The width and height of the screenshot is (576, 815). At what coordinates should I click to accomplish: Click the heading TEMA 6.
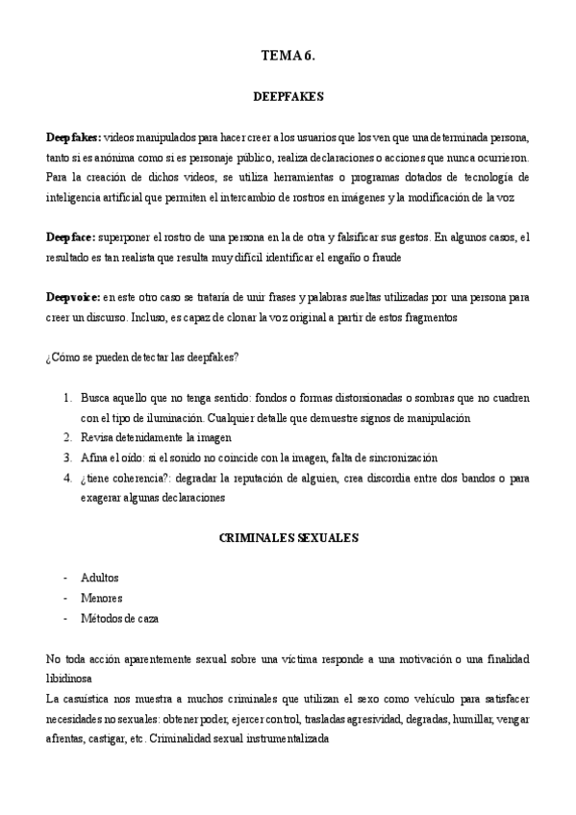[x=288, y=57]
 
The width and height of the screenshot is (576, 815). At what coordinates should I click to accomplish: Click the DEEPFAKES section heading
[x=288, y=97]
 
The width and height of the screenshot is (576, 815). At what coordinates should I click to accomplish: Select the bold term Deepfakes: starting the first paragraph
[x=73, y=136]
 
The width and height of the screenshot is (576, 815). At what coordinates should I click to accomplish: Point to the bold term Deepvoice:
[x=73, y=298]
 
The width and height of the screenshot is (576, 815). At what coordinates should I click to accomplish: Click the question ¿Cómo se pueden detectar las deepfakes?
[x=142, y=358]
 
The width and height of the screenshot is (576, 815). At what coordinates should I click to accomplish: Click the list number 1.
[x=66, y=398]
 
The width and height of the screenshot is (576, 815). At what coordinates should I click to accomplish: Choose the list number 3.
[x=66, y=458]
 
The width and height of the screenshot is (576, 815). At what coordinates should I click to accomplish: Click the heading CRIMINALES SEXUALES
[x=288, y=538]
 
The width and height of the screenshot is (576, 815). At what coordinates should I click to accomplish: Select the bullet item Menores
[x=102, y=599]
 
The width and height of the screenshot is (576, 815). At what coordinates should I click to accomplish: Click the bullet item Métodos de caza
[x=120, y=619]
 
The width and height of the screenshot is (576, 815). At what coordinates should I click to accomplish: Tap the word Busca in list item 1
[x=96, y=398]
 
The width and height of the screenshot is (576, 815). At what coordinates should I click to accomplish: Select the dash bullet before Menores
[x=64, y=599]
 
